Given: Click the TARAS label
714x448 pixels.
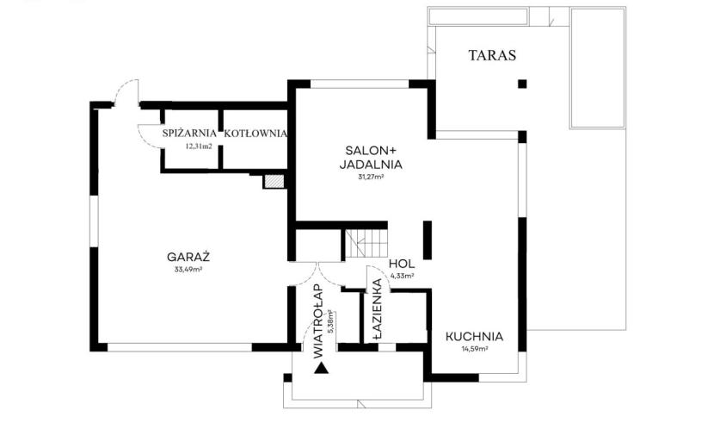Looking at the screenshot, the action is coord(492,55).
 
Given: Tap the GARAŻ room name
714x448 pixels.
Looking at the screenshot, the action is coord(188,257).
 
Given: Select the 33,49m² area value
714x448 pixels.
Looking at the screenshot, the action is coord(188,270).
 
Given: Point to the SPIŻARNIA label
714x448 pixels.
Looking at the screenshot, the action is coord(189,134).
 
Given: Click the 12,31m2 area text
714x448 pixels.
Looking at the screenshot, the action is coord(199,146).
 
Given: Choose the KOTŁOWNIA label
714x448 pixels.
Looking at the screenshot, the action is coord(255,134).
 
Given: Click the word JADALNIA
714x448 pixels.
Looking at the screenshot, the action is coord(371,165).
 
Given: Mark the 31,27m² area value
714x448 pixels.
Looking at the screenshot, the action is coord(371,177).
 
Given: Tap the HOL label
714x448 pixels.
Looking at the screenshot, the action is coord(402,264).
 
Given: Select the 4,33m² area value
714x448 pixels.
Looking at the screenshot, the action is coord(402,276).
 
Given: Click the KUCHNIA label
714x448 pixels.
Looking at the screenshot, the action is coord(474,337).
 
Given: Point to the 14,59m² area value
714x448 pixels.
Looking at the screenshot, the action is coord(475,349).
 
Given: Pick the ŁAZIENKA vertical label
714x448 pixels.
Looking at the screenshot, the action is coord(378,308).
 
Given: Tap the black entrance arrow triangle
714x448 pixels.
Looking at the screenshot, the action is coord(322,368).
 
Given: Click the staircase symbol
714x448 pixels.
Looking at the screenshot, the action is coord(366,244).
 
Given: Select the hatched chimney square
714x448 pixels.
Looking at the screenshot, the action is coord(274,182).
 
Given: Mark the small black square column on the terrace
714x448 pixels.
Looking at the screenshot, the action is coord(522,84).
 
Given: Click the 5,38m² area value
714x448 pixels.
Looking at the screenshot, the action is coord(331,322).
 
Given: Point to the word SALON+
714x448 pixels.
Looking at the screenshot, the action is coord(371,151).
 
